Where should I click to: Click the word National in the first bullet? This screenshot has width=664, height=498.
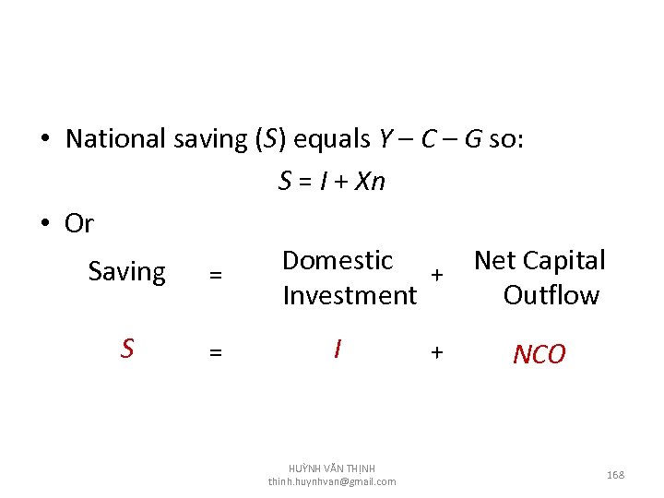[115, 139]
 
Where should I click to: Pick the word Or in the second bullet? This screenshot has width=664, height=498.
[79, 223]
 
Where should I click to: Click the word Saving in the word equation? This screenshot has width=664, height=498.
[126, 272]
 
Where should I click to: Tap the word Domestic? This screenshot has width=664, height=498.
[338, 261]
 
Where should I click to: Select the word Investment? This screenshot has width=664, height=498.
[350, 296]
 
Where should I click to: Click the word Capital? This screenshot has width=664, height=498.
[563, 261]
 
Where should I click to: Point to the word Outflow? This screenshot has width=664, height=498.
[551, 296]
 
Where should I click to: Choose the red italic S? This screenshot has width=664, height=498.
[127, 349]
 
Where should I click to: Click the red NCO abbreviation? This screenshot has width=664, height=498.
[539, 354]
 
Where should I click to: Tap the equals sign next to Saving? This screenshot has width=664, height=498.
[215, 274]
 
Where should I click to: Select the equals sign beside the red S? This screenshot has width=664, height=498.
[215, 351]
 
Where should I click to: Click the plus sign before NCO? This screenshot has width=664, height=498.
[437, 351]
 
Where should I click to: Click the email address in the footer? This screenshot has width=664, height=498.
[332, 481]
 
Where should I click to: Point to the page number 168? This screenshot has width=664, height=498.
[615, 475]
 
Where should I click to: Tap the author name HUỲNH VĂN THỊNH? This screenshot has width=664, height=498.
[332, 468]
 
